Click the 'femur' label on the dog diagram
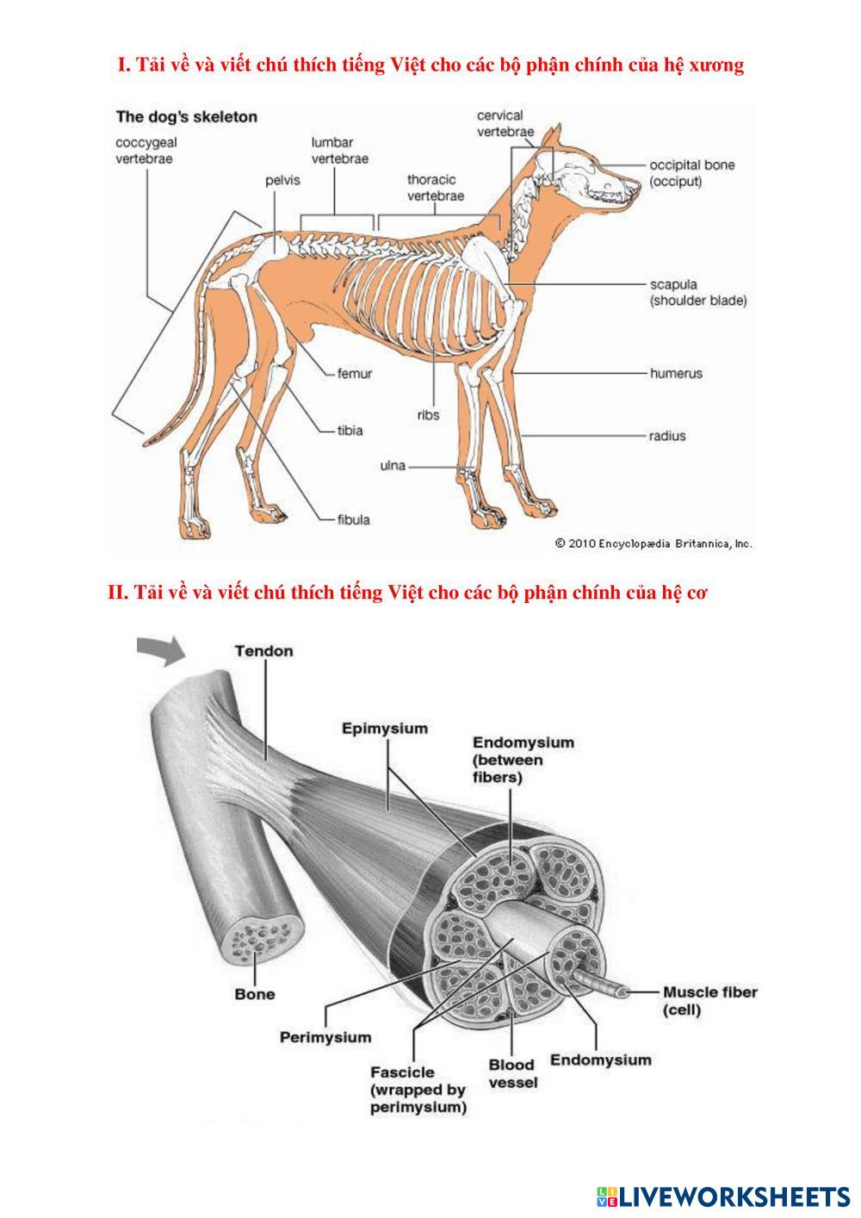click(x=354, y=374)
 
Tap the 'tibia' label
click(x=350, y=430)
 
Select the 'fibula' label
click(x=354, y=519)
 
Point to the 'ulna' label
click(x=393, y=466)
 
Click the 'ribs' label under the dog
click(x=428, y=415)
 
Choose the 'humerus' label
click(x=676, y=374)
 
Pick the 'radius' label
click(x=667, y=436)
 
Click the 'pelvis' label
click(x=282, y=182)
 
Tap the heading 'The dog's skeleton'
click(x=186, y=117)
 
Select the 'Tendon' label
click(x=263, y=651)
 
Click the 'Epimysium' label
click(x=384, y=729)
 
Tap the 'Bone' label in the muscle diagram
click(x=255, y=994)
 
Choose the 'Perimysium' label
click(x=325, y=1037)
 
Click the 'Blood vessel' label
click(x=512, y=1073)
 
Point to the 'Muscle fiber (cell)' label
click(x=709, y=1001)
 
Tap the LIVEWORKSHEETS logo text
click(x=733, y=1196)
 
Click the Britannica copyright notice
click(x=653, y=544)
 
